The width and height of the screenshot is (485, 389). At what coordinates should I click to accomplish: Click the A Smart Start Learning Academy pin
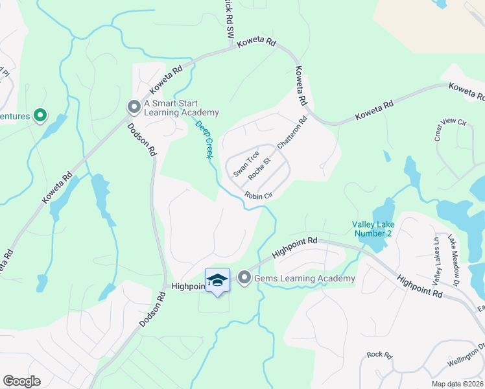coord(134,106)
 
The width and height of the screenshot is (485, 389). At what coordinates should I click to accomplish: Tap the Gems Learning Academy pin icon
coord(244,278)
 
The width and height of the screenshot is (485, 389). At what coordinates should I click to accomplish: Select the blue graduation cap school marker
coord(218,280)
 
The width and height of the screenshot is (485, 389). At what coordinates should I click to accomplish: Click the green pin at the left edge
coord(40,116)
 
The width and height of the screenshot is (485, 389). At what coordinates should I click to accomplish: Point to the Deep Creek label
coord(205,140)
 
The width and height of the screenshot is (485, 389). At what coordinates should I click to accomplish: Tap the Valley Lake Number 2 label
coord(373,228)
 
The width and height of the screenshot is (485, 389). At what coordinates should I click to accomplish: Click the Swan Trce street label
coord(246,164)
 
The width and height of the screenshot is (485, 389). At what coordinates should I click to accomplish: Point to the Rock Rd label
coord(380,355)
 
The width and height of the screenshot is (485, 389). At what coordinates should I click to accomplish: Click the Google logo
coord(21,381)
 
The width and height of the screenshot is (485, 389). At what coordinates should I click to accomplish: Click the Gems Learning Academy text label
coord(305,279)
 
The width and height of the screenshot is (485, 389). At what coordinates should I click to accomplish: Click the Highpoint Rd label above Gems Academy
coord(294,248)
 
